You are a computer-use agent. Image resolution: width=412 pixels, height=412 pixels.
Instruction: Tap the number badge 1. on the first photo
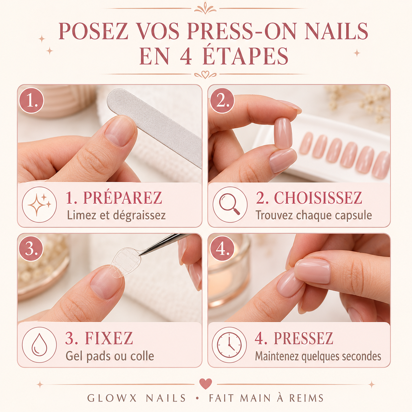[32, 101]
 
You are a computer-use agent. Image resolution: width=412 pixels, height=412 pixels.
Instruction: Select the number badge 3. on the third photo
[31, 249]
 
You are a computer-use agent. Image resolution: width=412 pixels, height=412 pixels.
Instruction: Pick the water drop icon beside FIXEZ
[39, 345]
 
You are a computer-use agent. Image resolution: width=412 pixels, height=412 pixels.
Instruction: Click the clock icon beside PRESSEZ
[229, 345]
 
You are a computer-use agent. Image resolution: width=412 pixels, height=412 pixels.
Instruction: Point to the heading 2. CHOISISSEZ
[309, 198]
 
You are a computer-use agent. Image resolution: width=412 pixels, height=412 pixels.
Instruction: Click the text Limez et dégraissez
[116, 215]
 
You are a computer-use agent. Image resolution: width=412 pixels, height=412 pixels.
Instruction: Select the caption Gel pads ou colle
[110, 356]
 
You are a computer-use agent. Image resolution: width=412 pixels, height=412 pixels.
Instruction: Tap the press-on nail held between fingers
[283, 133]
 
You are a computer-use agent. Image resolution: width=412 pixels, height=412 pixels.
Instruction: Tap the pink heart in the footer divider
[205, 383]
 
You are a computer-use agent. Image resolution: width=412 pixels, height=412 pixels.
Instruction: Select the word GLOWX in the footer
[112, 398]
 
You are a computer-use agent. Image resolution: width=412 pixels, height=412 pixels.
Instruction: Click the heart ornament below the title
[205, 74]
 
